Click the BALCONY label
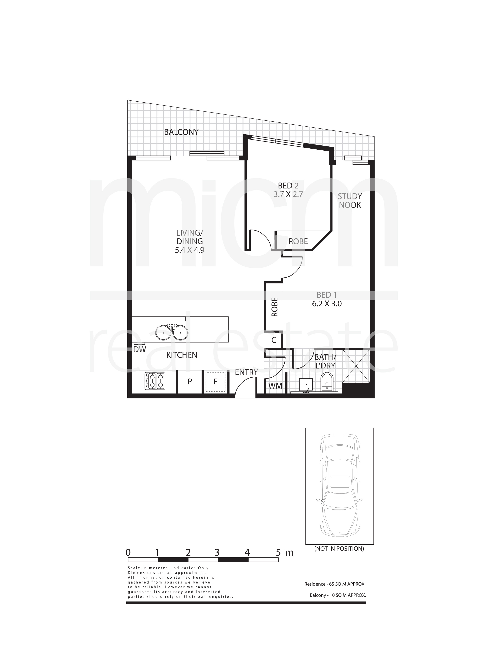point(181,132)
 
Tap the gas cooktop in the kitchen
point(155,381)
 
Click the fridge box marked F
point(215,382)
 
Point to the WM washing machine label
point(275,386)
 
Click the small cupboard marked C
point(273,340)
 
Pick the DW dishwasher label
point(140,350)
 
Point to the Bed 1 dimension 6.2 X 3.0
point(327,304)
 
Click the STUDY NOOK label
point(350,201)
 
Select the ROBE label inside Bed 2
point(298,241)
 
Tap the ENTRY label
point(246,372)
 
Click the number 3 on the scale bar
point(217,552)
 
